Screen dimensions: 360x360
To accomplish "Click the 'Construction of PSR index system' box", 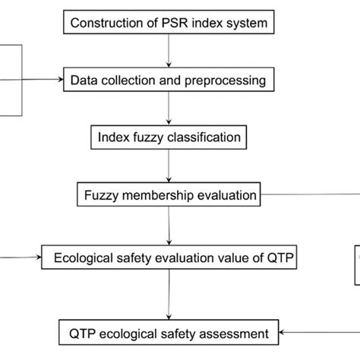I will tap(168, 22).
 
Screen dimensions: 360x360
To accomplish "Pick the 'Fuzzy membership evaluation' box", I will tap(168, 195).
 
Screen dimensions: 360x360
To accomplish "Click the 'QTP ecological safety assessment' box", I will tap(167, 333).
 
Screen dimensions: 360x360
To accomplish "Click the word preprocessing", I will tap(228, 79).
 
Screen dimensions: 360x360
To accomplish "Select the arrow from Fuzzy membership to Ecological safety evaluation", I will tap(168, 226).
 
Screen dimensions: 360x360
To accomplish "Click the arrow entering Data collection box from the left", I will tap(42, 78).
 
